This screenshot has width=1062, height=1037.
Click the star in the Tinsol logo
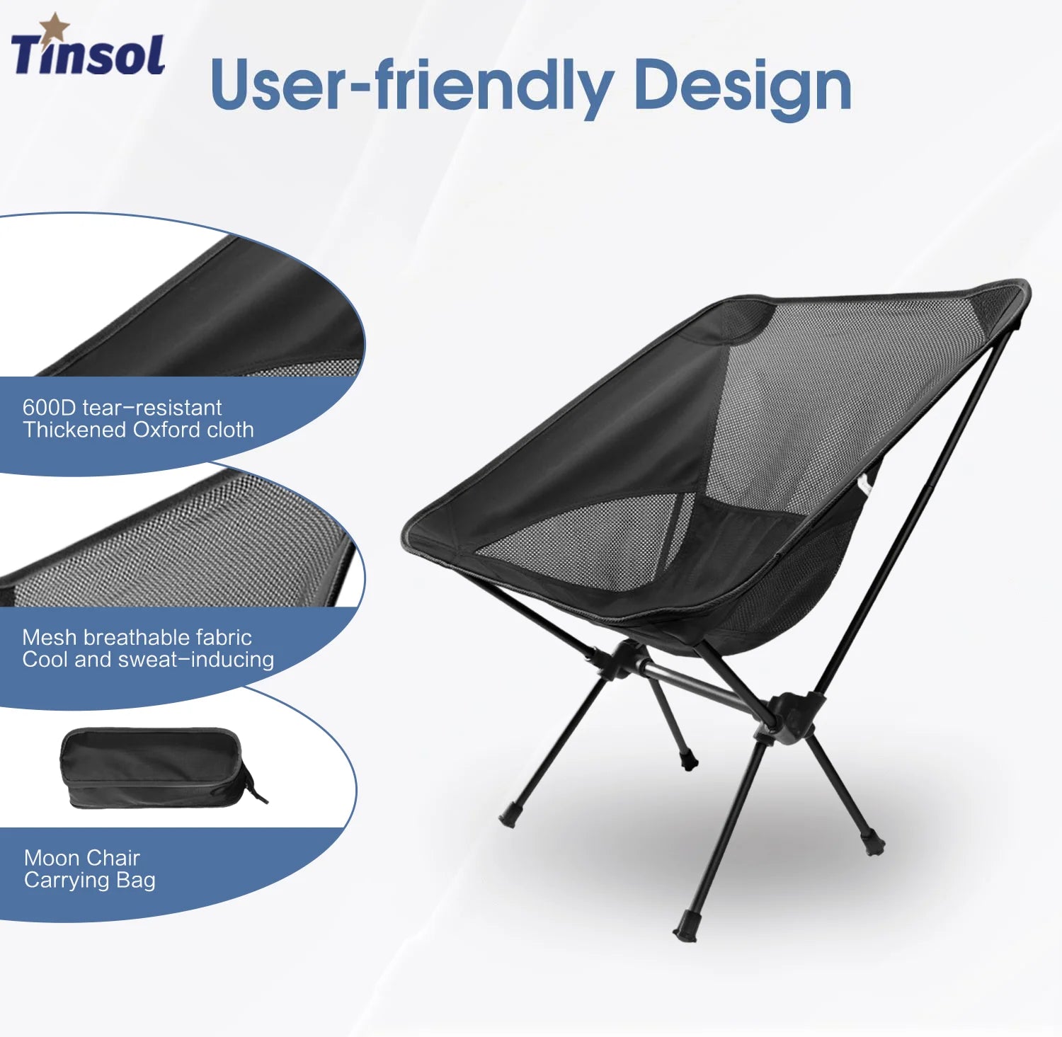[54, 27]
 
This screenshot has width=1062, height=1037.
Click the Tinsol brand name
[88, 55]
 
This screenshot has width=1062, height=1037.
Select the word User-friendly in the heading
[411, 86]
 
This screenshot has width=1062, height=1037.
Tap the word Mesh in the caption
[49, 637]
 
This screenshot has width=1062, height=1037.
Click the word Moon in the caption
[51, 858]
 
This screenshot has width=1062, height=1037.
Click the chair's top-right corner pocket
[1001, 304]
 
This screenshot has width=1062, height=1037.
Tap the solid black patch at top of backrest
[736, 322]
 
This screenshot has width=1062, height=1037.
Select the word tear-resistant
[152, 408]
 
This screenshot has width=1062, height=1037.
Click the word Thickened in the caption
[74, 430]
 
